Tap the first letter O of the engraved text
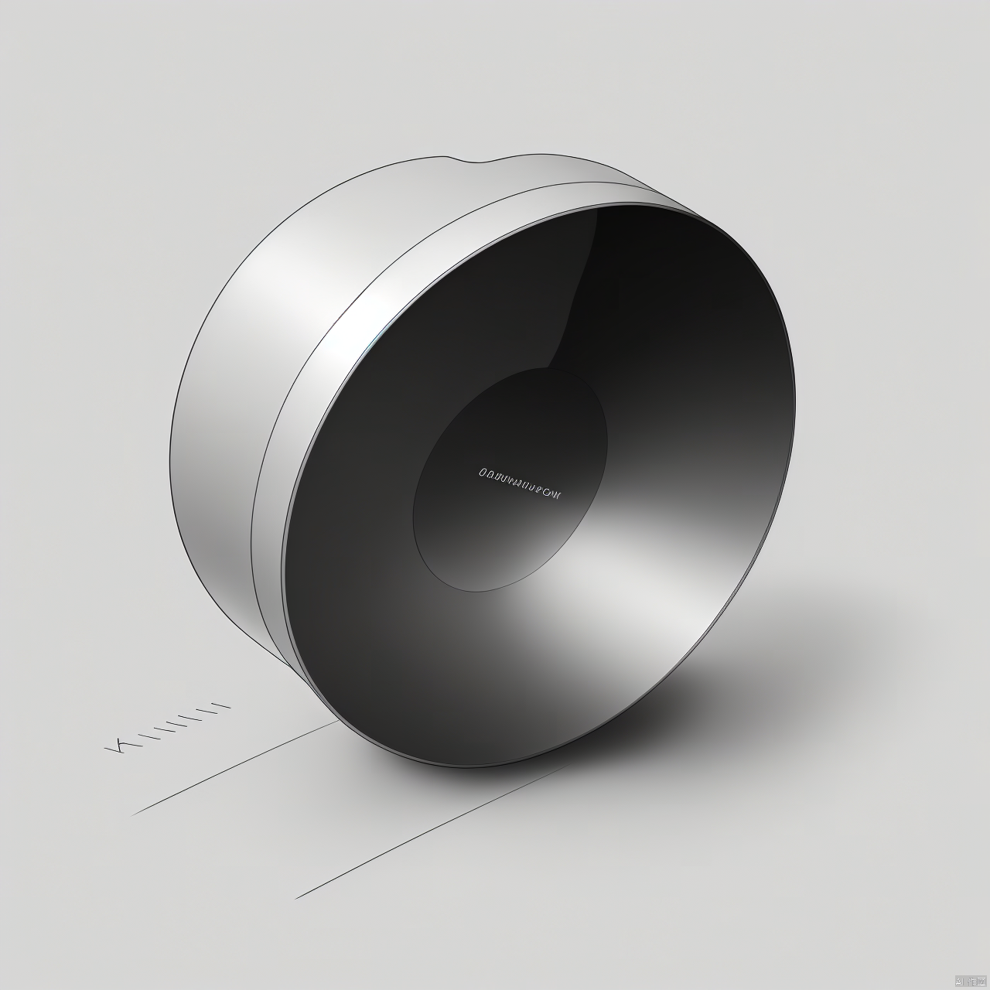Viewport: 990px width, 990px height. (482, 471)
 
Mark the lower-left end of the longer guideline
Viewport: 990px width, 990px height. (296, 898)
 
